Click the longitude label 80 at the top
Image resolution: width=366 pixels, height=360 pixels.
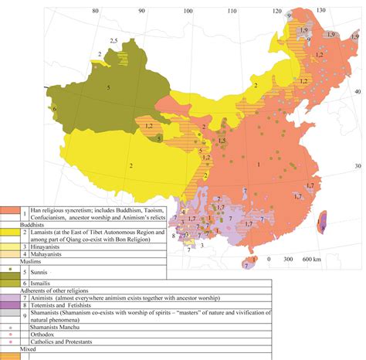95,11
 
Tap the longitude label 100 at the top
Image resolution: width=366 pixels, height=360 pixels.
189,11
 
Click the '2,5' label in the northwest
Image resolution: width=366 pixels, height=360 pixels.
114,39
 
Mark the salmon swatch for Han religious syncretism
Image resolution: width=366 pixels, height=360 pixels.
10,212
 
